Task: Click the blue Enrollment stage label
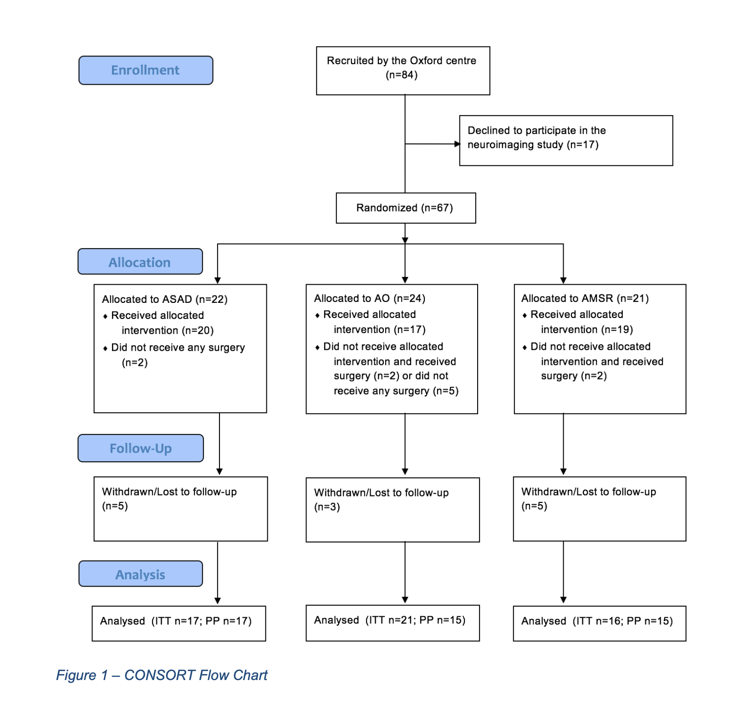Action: tap(146, 70)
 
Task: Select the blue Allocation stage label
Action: tap(140, 261)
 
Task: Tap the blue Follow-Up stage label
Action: tap(141, 448)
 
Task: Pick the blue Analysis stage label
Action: tap(141, 573)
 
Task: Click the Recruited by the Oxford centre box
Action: tap(403, 71)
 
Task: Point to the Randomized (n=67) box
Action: tap(406, 208)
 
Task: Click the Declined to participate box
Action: tap(566, 140)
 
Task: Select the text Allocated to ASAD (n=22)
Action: tap(165, 299)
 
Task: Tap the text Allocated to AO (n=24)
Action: tap(370, 298)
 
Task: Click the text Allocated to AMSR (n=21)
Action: tap(585, 298)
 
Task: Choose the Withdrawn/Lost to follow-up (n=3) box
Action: tap(392, 510)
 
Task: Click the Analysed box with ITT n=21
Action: tap(392, 623)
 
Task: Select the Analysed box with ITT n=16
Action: tap(600, 623)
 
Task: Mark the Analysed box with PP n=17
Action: tap(179, 623)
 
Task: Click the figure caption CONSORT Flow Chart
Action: tap(162, 675)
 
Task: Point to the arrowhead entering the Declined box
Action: tap(457, 144)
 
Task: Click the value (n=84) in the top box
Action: tap(402, 75)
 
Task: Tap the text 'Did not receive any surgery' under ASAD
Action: tap(178, 348)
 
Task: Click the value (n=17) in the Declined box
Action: tap(582, 145)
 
